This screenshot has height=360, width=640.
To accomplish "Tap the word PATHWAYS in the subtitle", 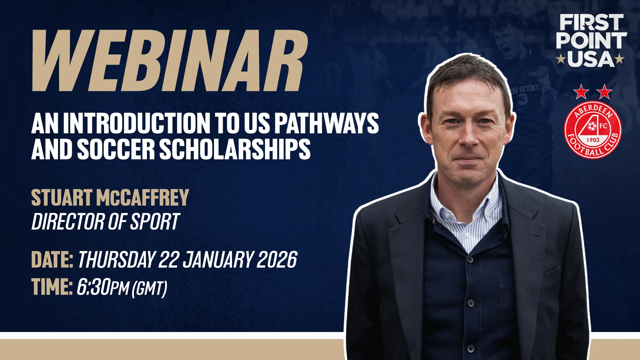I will [x=326, y=123].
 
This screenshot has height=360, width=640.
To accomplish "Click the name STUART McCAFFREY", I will [x=110, y=198].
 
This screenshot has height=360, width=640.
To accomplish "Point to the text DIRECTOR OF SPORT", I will [x=106, y=222].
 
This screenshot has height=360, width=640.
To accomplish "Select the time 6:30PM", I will [x=103, y=287].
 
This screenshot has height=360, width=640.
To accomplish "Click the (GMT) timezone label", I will [x=150, y=288].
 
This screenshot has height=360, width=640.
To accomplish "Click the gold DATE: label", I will [x=52, y=260].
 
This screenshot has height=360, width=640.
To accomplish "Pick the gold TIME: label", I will [x=52, y=287].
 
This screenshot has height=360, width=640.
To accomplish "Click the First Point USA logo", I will [x=591, y=41].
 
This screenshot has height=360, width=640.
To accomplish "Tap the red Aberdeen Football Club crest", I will [x=593, y=130].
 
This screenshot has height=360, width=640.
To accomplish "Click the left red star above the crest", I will [x=581, y=92].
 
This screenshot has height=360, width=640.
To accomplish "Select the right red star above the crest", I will [x=605, y=92].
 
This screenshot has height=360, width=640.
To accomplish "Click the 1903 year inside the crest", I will [x=593, y=140].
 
